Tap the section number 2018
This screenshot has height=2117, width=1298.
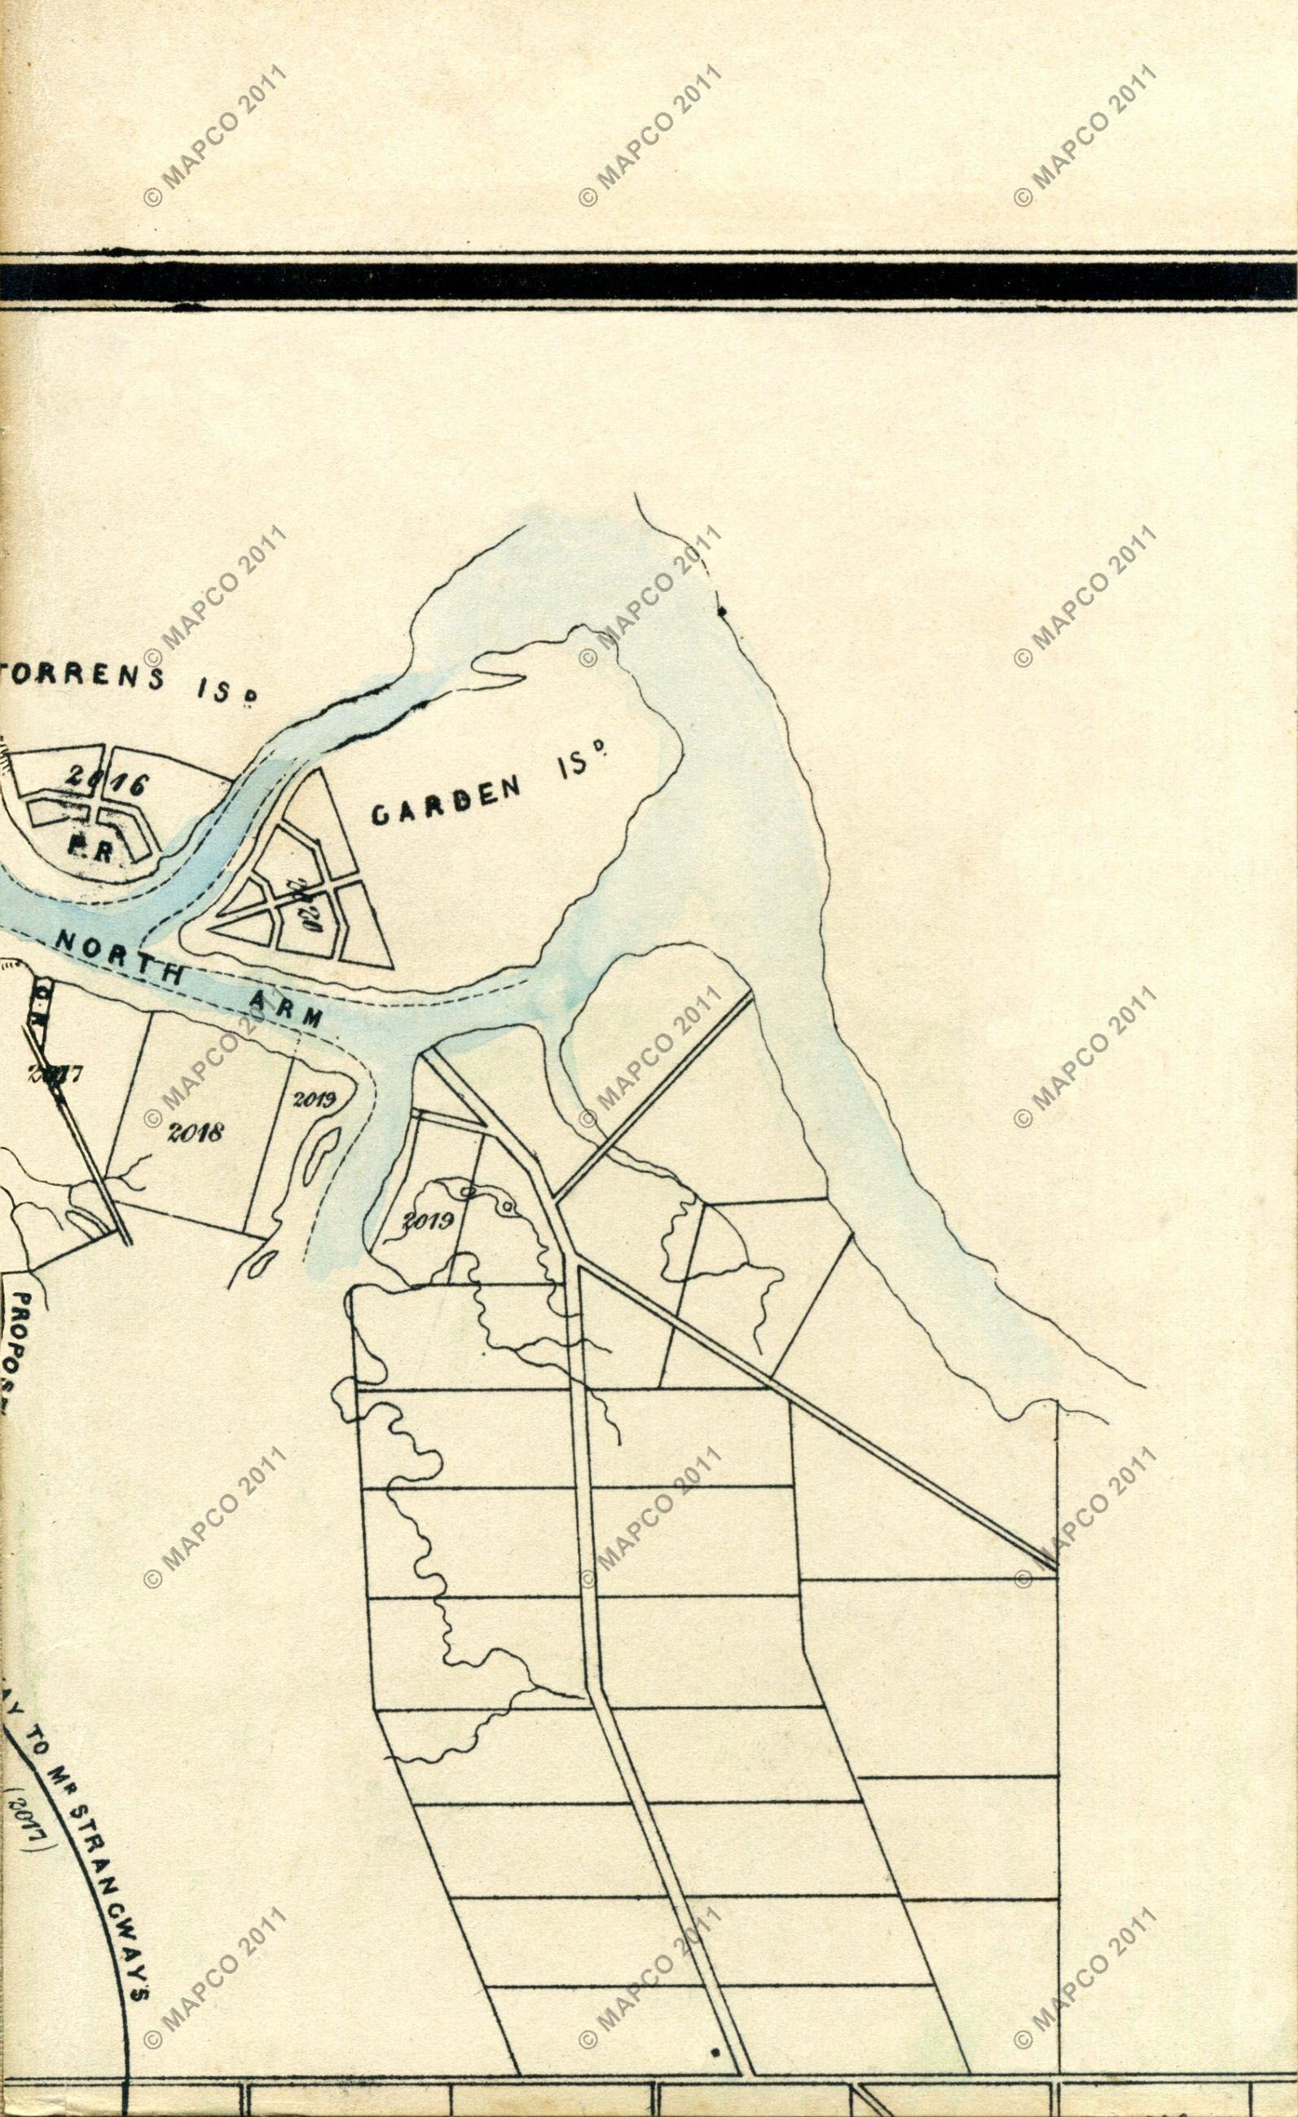[x=196, y=1131]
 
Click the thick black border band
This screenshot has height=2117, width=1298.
[x=649, y=281]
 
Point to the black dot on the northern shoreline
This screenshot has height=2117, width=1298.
[x=722, y=611]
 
